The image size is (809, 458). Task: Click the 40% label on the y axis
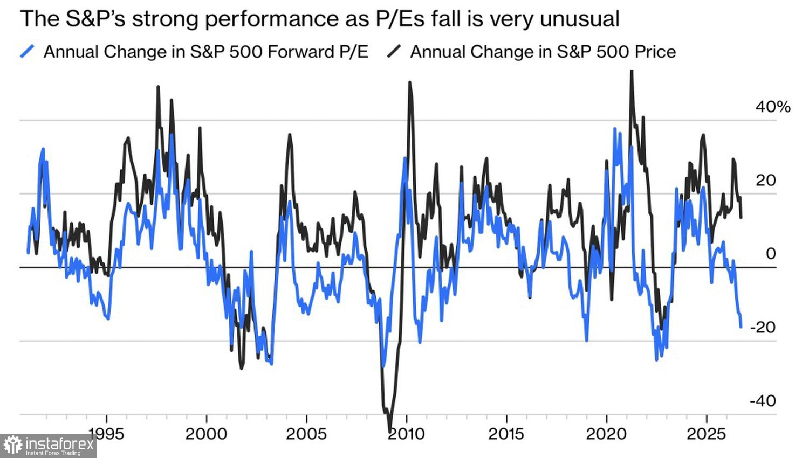[772, 107]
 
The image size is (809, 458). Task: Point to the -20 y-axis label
[763, 328]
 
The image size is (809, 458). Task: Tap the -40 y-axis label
[763, 400]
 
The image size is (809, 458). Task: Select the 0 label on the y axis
[771, 254]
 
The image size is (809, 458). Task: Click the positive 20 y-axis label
[766, 181]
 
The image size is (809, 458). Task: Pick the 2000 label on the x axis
[206, 434]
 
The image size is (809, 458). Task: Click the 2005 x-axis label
[306, 434]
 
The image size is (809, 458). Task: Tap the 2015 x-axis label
[506, 434]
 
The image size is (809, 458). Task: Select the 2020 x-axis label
[606, 434]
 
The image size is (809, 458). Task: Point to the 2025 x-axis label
[707, 434]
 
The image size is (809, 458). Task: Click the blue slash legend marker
[28, 51]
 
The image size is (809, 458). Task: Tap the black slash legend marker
[394, 51]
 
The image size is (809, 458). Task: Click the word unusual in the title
[580, 19]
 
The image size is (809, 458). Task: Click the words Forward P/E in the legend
[318, 52]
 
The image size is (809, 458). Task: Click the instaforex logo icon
[13, 446]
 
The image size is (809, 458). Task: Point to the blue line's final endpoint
[741, 327]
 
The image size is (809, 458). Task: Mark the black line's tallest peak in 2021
[632, 71]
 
